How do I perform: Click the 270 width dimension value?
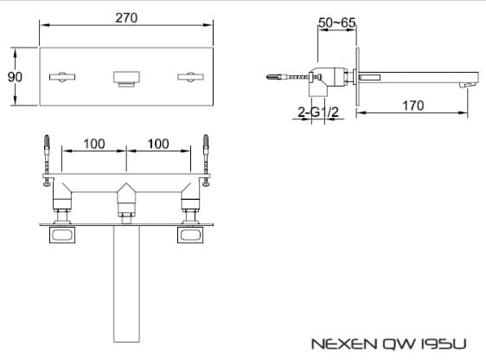pos(125,17)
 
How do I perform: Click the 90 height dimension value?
pos(15,77)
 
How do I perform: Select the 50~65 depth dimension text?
pos(336,22)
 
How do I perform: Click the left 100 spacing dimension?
pos(96,143)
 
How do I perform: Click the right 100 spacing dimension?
pos(158,143)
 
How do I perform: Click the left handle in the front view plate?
pos(64,78)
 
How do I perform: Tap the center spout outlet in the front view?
pos(126,78)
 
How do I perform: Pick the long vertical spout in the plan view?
pos(126,286)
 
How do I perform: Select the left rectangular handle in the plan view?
pos(64,235)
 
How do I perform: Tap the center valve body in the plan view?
pos(126,200)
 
